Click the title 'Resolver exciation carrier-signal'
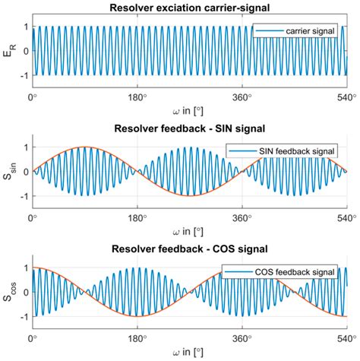pos(190,8)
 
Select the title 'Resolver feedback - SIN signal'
pos(190,129)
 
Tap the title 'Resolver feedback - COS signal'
pos(190,251)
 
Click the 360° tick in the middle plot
pos(242,218)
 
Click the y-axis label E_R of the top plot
pos(8,52)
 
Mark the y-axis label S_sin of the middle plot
pos(8,172)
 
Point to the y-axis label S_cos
pos(8,293)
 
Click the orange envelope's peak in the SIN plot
pos(85,147)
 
